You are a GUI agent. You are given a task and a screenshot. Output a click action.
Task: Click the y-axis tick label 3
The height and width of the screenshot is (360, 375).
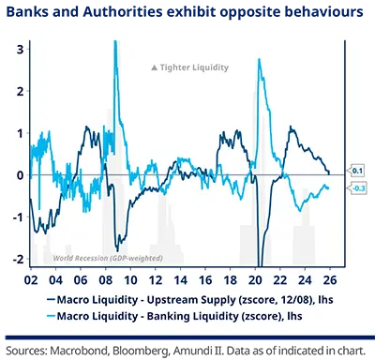pos(20,47)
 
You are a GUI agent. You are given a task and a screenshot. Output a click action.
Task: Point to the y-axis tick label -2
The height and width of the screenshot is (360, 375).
pos(18,260)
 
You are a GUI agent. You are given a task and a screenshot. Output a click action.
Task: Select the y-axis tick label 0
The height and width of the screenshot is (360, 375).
pos(20,175)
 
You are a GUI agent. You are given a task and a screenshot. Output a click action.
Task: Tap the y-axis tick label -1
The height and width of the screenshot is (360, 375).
pos(18,217)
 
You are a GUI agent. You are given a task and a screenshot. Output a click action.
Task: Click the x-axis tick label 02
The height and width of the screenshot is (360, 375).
pos(31,278)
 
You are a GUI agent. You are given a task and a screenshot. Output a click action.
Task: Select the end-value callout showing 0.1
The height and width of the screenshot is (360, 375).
pos(358,170)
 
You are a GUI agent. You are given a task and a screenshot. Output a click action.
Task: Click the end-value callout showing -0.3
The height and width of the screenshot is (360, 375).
pos(358,188)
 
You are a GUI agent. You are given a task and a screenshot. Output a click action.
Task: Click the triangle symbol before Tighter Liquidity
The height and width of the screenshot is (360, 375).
pos(155,67)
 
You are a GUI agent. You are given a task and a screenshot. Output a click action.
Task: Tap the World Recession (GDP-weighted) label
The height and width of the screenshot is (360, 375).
pos(107,258)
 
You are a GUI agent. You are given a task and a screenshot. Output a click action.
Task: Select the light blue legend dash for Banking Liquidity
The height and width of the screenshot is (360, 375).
pos(52,316)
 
